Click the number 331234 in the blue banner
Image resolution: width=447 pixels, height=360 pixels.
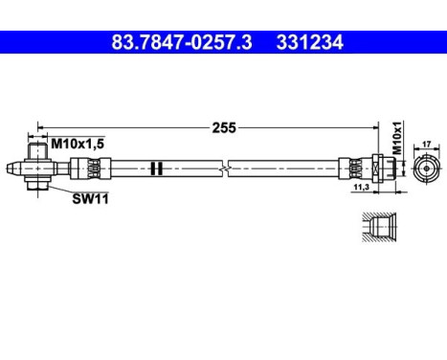point(308,42)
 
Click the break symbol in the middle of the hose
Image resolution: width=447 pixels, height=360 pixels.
point(223,168)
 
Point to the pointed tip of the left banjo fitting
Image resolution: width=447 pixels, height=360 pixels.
point(9,168)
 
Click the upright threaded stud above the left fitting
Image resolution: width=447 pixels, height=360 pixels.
point(37,149)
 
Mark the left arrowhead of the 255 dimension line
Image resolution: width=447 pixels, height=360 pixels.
point(41,125)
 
